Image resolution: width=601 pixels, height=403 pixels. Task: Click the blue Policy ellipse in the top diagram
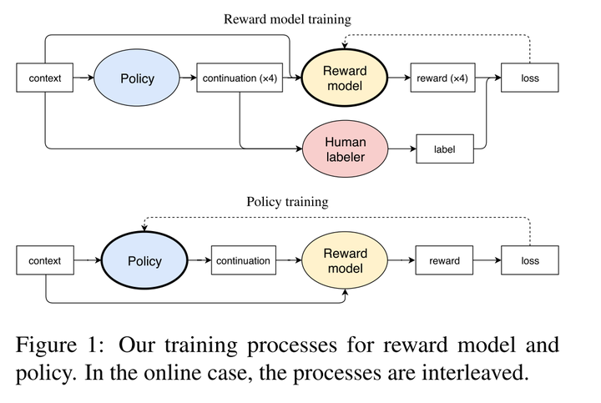(137, 79)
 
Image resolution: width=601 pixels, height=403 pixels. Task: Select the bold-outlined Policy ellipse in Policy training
(144, 261)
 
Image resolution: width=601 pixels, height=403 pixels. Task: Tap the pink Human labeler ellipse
(346, 149)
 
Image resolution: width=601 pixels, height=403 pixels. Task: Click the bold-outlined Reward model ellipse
(346, 79)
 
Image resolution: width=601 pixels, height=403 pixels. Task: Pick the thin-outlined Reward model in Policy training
(345, 261)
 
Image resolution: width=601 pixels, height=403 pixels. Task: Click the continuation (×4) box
(240, 79)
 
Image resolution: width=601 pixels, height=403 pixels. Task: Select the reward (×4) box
(442, 79)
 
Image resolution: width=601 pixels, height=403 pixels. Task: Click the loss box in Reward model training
(530, 79)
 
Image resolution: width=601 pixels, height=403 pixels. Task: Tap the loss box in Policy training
(530, 261)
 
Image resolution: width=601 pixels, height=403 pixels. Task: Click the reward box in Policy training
(444, 261)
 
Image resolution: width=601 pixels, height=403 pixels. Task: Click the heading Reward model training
(286, 19)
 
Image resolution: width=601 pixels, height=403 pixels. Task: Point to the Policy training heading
(286, 202)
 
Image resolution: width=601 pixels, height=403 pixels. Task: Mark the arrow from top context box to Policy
(83, 79)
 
